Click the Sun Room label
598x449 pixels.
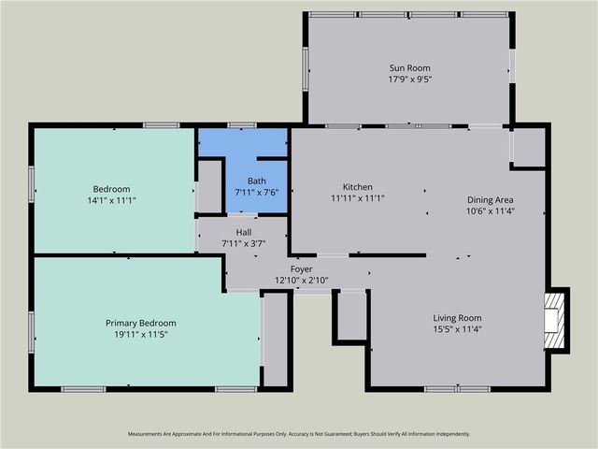tap(409, 67)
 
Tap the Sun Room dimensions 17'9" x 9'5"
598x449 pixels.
tap(409, 80)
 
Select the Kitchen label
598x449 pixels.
tap(358, 186)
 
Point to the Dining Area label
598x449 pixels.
tap(491, 199)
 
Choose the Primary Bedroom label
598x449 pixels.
tap(140, 322)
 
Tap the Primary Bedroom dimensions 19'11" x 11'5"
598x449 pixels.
tap(140, 334)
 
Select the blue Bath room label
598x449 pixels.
tap(257, 181)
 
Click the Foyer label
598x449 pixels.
tap(301, 268)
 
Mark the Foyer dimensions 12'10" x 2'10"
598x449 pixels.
tap(301, 280)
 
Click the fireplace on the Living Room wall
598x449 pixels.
tap(555, 319)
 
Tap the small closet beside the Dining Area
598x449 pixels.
tap(529, 147)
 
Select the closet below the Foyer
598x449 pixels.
tap(351, 316)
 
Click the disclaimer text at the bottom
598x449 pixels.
tap(299, 434)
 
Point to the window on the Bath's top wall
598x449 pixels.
tap(242, 125)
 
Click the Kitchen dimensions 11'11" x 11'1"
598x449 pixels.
tap(358, 198)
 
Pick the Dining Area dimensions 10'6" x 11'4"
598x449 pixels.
tap(491, 211)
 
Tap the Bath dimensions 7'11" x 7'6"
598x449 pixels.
tap(257, 193)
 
